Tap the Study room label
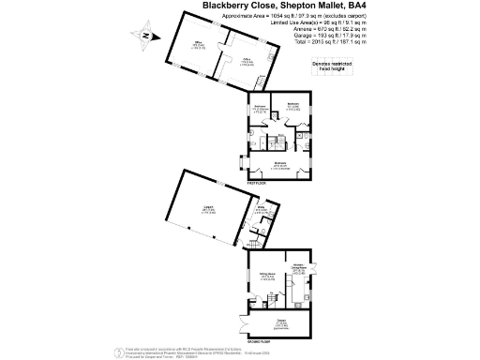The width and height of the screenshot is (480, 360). (249, 212)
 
